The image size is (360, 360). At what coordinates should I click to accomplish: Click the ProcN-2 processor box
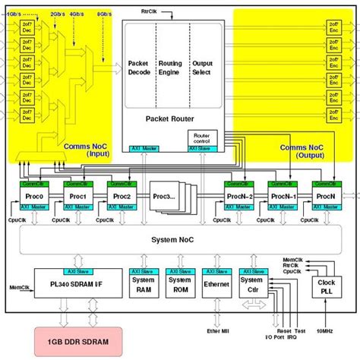[241, 196]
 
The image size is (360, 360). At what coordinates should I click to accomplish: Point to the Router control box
[202, 137]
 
